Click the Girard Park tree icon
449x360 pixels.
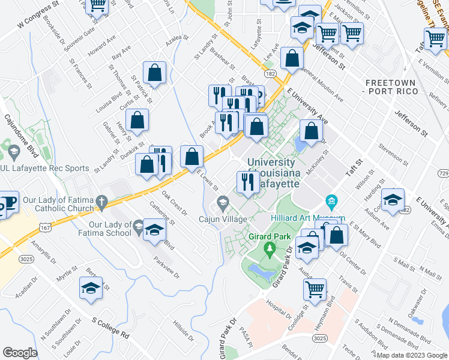pyautogui.click(x=270, y=248)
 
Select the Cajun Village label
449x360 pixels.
pyautogui.click(x=223, y=219)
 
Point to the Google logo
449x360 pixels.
pyautogui.click(x=20, y=353)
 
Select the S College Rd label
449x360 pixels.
pyautogui.click(x=110, y=328)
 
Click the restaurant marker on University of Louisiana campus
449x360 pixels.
pyautogui.click(x=247, y=181)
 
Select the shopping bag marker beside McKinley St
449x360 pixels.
pyautogui.click(x=311, y=130)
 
